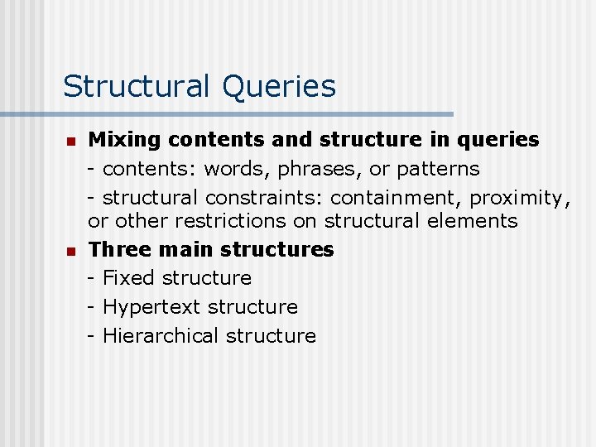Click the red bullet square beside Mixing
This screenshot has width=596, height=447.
click(x=71, y=141)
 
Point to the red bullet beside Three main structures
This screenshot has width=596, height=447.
click(x=71, y=250)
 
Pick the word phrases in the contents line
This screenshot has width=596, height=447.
click(x=315, y=169)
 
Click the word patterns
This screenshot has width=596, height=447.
click(x=436, y=169)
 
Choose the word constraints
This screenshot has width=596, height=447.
click(x=264, y=198)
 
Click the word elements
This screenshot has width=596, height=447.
click(x=473, y=221)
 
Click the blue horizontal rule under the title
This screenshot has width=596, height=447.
click(x=227, y=114)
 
